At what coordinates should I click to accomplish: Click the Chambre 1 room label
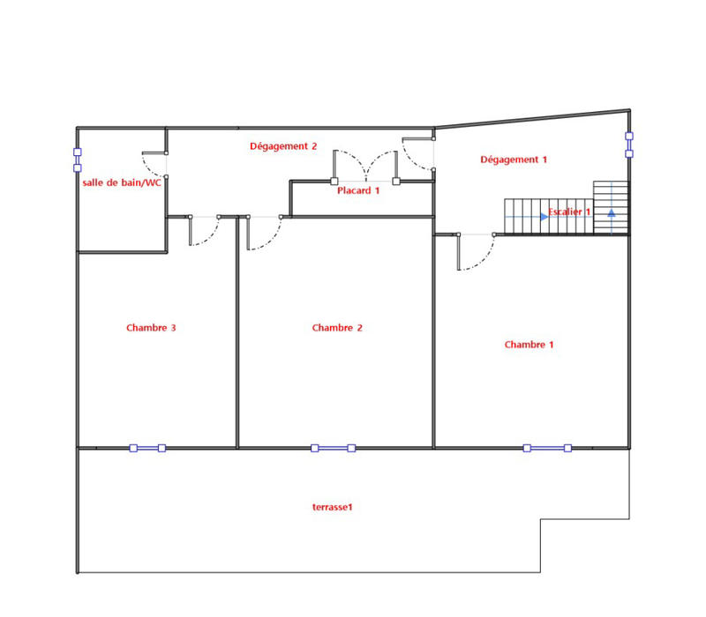[529, 345]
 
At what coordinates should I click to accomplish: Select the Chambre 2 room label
[337, 328]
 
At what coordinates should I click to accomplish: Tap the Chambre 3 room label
[151, 328]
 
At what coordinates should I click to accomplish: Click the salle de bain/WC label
[122, 182]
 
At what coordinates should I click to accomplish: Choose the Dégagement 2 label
[282, 146]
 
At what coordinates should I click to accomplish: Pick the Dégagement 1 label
[514, 160]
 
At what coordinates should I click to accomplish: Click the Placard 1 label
[358, 190]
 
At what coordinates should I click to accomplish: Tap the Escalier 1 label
[569, 212]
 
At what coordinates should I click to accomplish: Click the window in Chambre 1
[547, 448]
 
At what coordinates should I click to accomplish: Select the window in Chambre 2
[333, 448]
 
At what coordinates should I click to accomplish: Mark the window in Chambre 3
[147, 448]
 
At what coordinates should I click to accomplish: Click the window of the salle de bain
[78, 160]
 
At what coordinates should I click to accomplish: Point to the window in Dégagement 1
[629, 145]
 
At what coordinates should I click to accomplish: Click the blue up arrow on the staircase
[611, 214]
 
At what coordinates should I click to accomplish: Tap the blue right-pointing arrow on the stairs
[544, 216]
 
